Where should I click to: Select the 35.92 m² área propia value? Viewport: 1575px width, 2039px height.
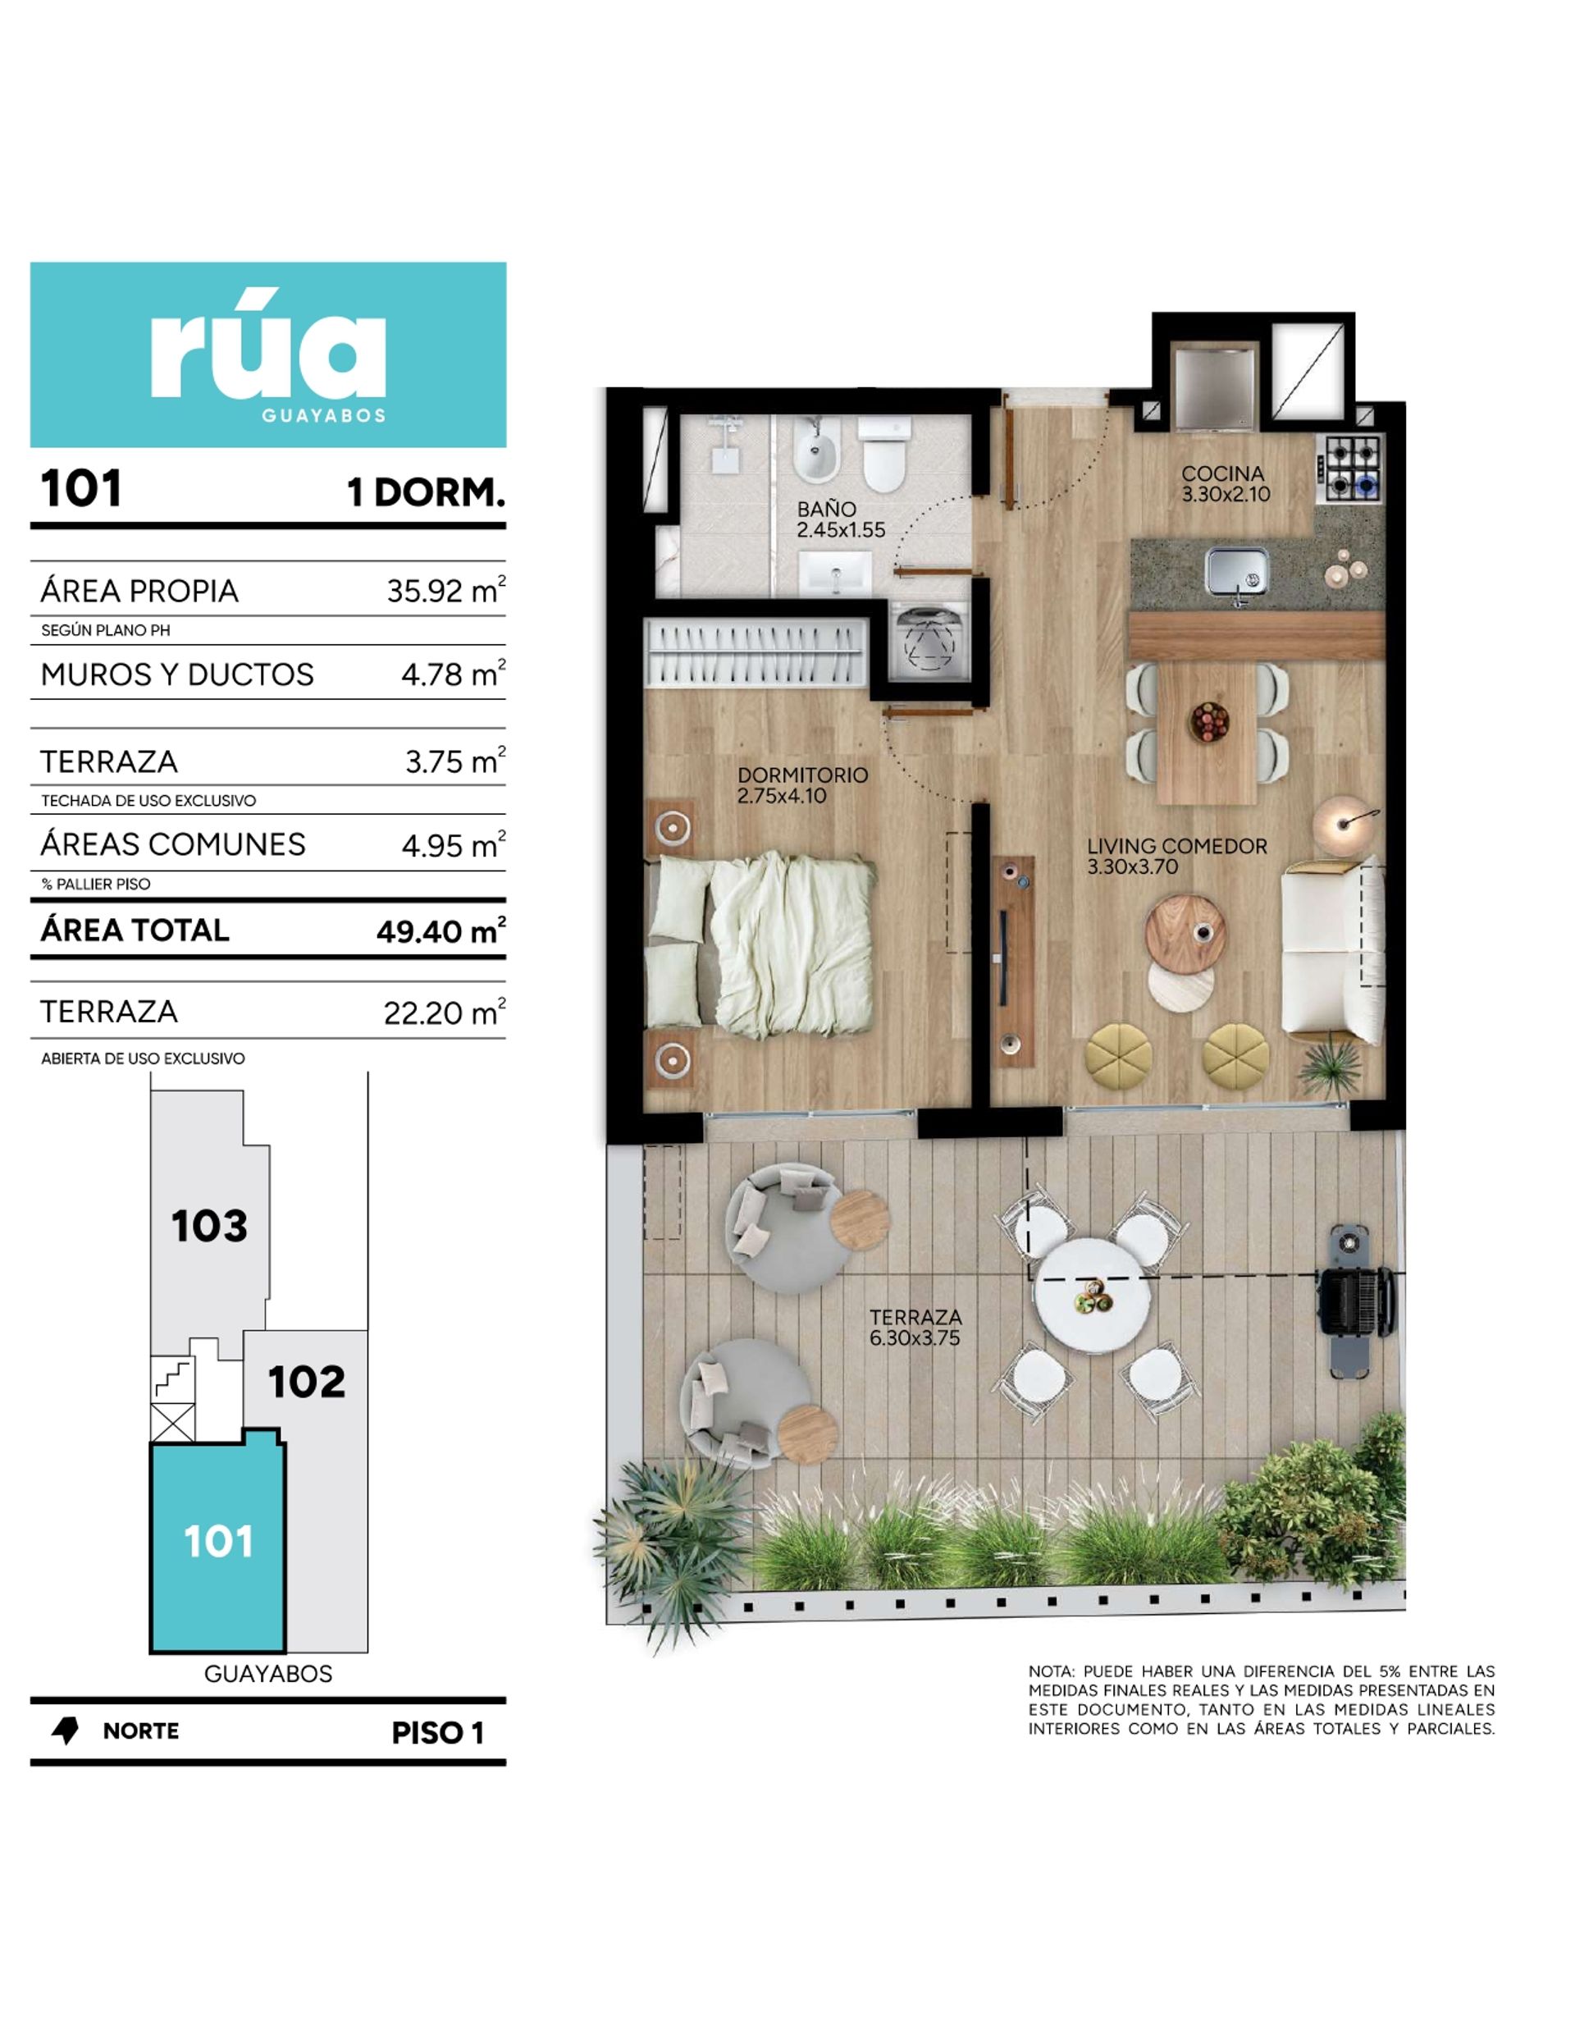(445, 590)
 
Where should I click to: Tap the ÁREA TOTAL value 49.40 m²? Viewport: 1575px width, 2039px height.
(441, 930)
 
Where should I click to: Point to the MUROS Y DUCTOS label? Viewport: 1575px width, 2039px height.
(177, 674)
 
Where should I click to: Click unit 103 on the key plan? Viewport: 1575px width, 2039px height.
(209, 1225)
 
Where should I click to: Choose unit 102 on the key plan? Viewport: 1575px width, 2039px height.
(306, 1382)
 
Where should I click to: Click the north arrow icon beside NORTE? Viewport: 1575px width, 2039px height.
(66, 1731)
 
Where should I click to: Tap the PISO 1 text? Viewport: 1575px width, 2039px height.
(437, 1733)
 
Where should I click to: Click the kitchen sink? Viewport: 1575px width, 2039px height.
(1237, 571)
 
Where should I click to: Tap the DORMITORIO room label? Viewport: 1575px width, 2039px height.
(802, 775)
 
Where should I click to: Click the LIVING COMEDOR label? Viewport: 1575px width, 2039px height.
(1176, 846)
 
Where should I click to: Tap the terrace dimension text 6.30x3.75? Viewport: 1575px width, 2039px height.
(915, 1337)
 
